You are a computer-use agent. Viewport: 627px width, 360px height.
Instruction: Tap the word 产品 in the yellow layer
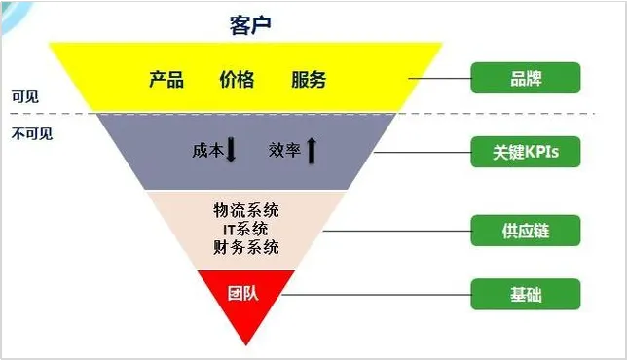tap(166, 79)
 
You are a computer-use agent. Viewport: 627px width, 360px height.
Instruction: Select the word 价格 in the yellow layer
tap(237, 79)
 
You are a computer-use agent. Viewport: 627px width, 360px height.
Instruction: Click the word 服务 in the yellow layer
tap(309, 79)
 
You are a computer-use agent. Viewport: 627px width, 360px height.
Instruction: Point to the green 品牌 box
tap(525, 78)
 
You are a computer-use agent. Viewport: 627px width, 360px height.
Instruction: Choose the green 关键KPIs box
tap(525, 153)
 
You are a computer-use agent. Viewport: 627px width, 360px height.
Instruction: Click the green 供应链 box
tap(525, 231)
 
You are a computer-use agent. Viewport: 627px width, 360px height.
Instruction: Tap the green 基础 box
tap(525, 294)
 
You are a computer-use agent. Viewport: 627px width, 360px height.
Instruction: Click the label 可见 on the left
tap(24, 98)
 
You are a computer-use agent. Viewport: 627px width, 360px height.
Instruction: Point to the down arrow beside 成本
tap(232, 151)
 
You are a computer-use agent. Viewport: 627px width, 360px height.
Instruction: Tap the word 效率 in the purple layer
tap(284, 151)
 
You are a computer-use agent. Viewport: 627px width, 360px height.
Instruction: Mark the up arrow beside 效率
tap(312, 151)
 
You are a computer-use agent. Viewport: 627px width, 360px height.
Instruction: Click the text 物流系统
tap(246, 210)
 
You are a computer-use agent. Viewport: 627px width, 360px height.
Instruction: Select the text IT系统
tap(246, 229)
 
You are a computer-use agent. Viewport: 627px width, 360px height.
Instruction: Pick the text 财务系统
tap(246, 247)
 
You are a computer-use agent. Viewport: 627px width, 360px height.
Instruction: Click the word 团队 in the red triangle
tap(240, 292)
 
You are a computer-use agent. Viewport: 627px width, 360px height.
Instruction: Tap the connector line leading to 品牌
tap(439, 78)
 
